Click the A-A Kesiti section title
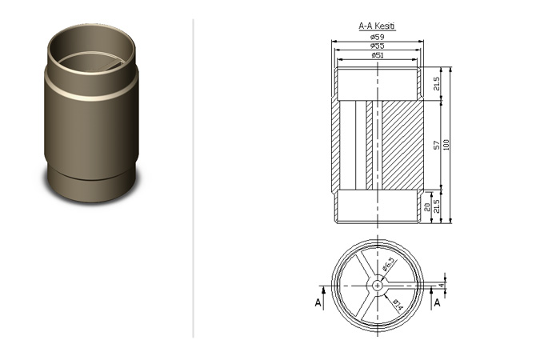[x=377, y=26]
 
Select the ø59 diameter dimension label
[x=377, y=37]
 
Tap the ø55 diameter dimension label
[x=377, y=46]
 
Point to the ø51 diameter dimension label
[x=378, y=55]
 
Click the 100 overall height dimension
[x=446, y=145]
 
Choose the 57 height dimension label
[x=437, y=145]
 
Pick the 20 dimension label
[x=426, y=207]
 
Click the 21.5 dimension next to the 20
[x=436, y=206]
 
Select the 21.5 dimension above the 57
[x=437, y=83]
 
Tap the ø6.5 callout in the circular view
[x=390, y=263]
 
